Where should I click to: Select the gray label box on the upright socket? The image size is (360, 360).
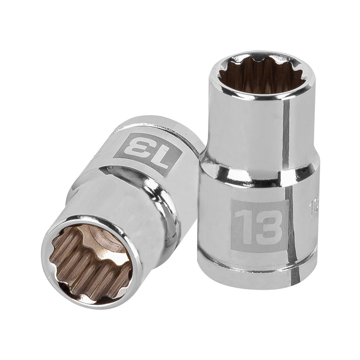point(259,225)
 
